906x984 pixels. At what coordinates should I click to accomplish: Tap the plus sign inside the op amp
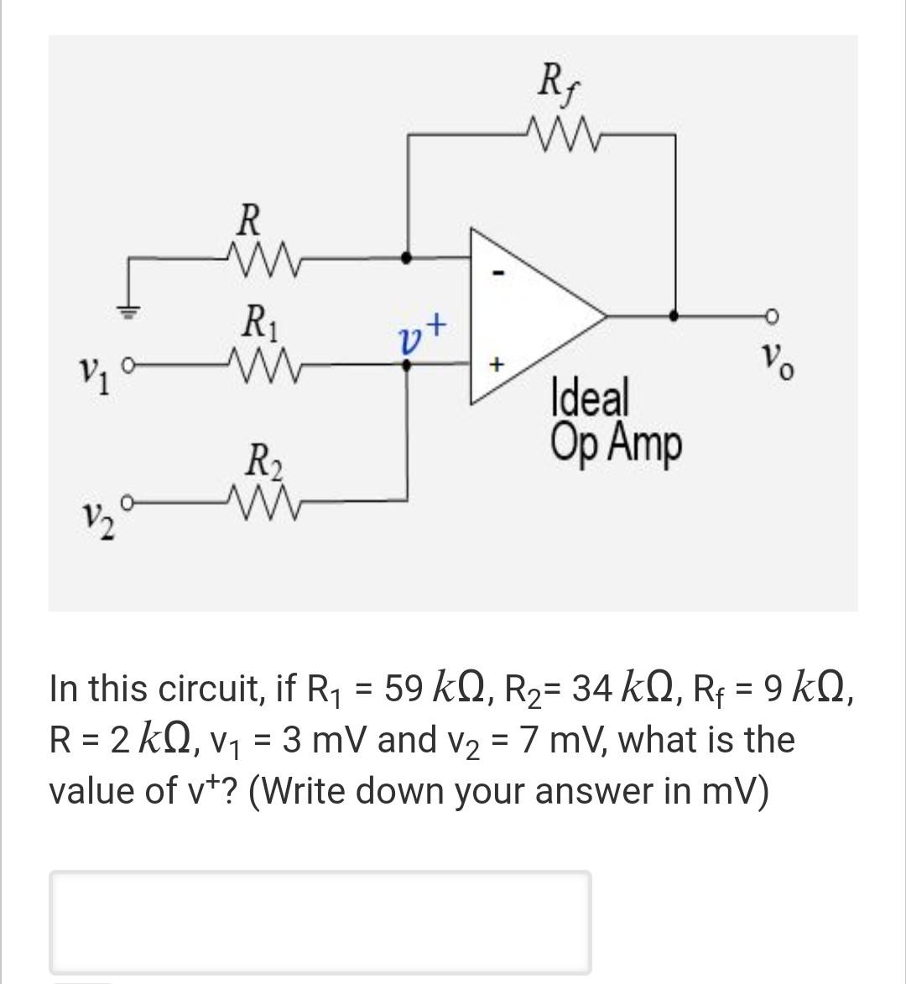(x=497, y=365)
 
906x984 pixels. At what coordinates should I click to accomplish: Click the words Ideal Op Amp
(x=614, y=421)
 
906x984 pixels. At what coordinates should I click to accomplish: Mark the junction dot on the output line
(x=674, y=316)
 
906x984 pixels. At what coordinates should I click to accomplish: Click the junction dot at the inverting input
(x=408, y=258)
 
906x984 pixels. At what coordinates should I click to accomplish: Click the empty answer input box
(x=320, y=921)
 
